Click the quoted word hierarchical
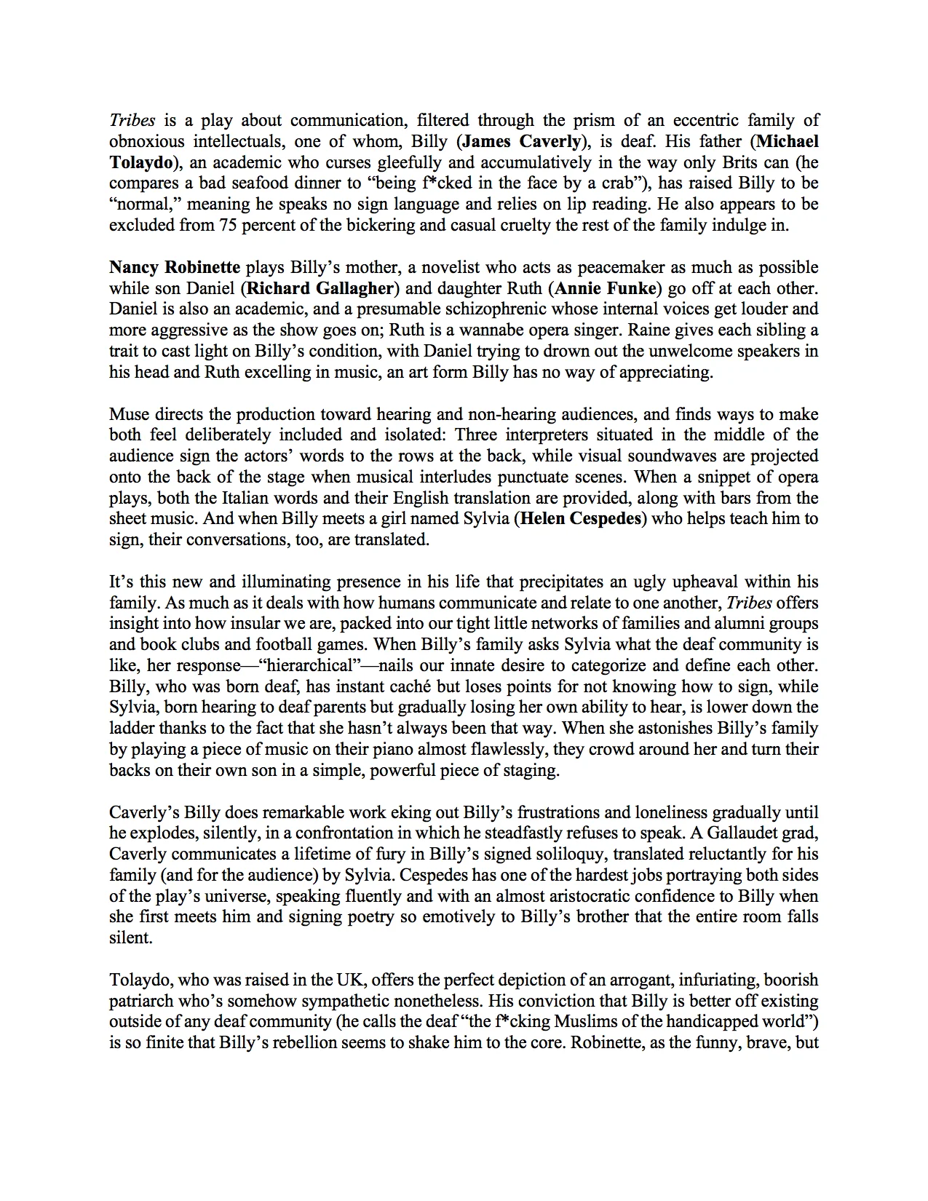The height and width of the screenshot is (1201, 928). (306, 666)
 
